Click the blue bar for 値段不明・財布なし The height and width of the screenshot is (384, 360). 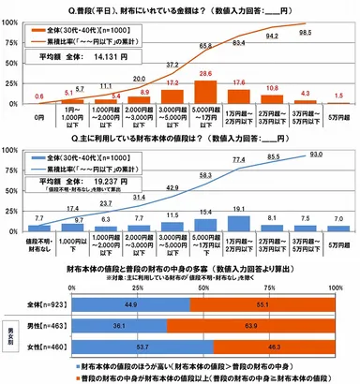click(x=38, y=230)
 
